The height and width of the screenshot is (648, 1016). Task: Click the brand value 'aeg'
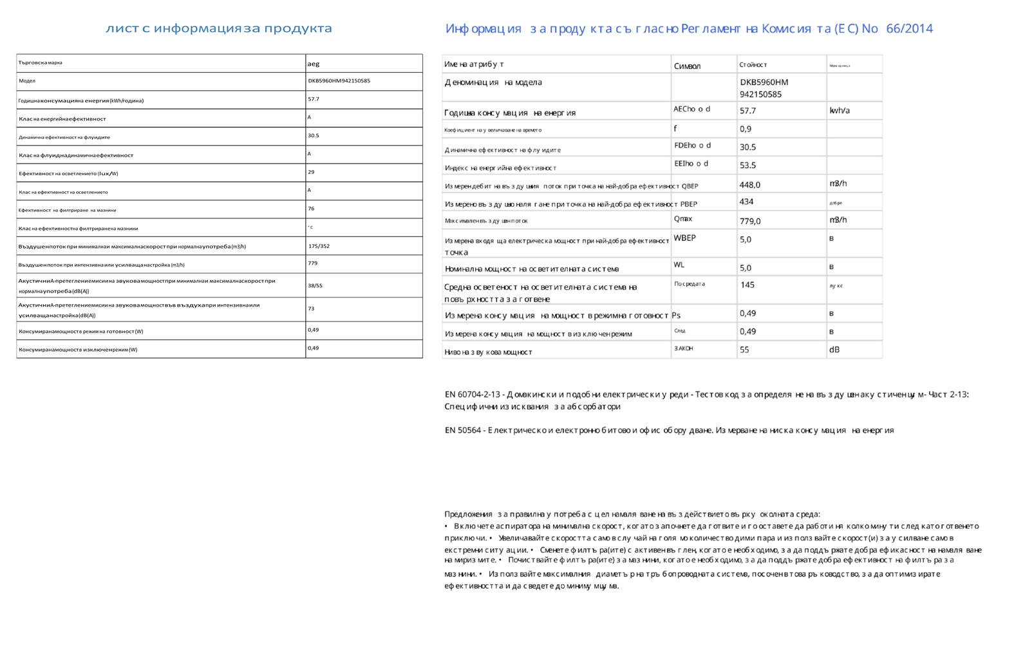314,64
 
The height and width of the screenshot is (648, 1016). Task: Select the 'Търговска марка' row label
41,63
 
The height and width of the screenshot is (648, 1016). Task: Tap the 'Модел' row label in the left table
27,81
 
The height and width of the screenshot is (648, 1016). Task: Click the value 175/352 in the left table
319,246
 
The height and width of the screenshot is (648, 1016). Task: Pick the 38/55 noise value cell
315,285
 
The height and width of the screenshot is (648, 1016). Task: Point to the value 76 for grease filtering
311,209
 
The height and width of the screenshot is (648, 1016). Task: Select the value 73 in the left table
311,309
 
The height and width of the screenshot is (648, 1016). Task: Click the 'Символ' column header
687,66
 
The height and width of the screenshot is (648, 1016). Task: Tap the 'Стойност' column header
753,65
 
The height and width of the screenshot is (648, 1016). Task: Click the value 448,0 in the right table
750,185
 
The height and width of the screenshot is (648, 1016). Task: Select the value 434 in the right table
747,202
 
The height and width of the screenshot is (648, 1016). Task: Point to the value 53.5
748,166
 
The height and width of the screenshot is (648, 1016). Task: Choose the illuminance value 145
748,285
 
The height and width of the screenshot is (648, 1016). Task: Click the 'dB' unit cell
834,350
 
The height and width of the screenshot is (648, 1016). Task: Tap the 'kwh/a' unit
840,111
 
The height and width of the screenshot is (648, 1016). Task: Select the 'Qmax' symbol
683,219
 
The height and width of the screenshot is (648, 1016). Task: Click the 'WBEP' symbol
685,238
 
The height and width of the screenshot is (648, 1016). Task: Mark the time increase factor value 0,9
746,129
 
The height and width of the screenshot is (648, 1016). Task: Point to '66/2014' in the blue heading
909,28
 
